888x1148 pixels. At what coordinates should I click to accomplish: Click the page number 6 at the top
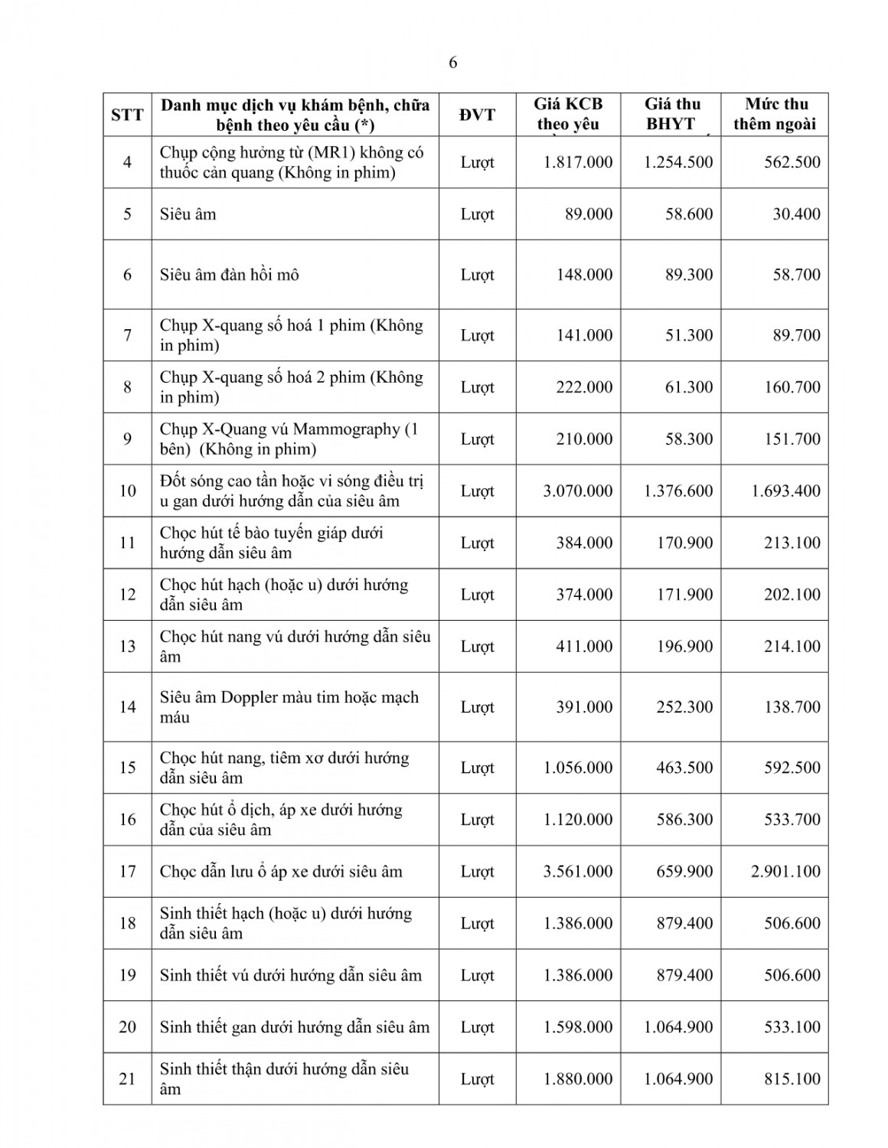[x=452, y=63]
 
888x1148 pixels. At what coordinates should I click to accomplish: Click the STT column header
[x=127, y=115]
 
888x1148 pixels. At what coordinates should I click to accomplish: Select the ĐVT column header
[x=477, y=115]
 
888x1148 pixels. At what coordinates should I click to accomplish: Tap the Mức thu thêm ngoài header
[x=775, y=114]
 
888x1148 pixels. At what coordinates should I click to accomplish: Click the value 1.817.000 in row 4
[x=578, y=162]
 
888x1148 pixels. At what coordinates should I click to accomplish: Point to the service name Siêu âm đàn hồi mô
[x=229, y=275]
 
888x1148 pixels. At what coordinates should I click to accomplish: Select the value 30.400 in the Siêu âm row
[x=796, y=214]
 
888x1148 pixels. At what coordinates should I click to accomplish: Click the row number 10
[x=127, y=491]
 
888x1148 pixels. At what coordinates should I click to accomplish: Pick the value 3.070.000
[x=578, y=491]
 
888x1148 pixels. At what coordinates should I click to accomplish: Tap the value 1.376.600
[x=678, y=491]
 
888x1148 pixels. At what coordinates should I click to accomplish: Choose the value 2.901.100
[x=786, y=871]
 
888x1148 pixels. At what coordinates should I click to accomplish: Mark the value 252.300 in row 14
[x=684, y=707]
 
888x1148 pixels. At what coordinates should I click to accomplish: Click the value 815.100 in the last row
[x=792, y=1079]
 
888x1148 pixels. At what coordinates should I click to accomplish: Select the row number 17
[x=127, y=871]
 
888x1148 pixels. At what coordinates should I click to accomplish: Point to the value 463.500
[x=684, y=768]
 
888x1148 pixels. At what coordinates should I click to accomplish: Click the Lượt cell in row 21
[x=477, y=1079]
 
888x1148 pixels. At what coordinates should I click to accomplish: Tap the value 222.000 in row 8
[x=584, y=387]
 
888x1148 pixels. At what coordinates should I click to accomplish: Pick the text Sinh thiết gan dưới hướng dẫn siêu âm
[x=295, y=1027]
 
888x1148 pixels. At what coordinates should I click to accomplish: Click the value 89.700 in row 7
[x=796, y=335]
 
